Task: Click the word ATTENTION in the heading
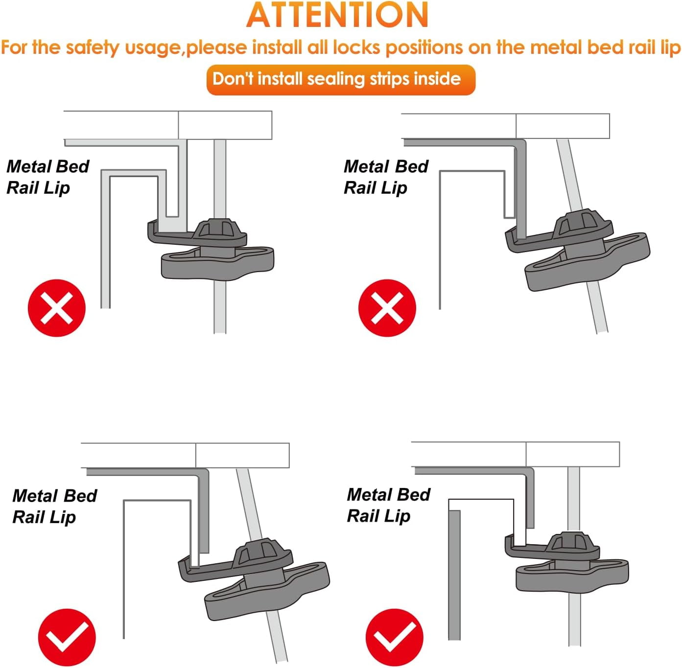337,15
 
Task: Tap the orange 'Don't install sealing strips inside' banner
340,80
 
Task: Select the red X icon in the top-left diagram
57,308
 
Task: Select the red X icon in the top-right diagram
387,308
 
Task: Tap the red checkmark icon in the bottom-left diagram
67,638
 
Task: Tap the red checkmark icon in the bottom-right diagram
395,638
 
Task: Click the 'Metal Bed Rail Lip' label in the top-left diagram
48,177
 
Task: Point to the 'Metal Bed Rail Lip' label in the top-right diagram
386,177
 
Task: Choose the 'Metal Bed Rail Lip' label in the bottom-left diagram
54,507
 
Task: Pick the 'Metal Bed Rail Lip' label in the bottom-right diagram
389,505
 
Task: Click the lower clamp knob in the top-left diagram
217,264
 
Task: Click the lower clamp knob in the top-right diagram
588,262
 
